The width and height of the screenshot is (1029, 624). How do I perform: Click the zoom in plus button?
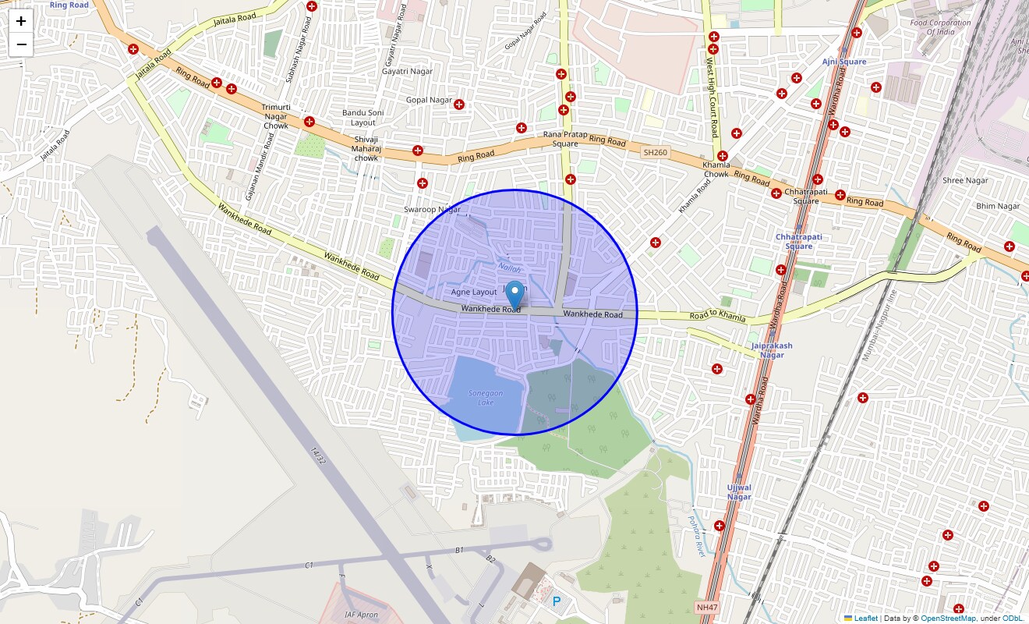tap(21, 21)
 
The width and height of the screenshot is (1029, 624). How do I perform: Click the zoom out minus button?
tap(21, 44)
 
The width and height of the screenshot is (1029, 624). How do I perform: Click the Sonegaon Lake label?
tap(482, 398)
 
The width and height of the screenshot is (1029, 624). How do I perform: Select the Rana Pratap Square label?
tap(565, 139)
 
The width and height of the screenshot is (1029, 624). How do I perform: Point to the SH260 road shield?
tap(655, 152)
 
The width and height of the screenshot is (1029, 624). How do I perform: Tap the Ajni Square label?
tap(843, 62)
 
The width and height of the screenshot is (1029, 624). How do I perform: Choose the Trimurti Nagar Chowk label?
tap(276, 116)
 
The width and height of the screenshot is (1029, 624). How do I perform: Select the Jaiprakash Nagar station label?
tap(772, 350)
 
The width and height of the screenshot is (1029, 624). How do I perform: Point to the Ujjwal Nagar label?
tap(739, 492)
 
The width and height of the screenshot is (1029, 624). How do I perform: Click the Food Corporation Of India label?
tap(940, 27)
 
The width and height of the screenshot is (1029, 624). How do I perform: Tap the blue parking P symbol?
tap(556, 601)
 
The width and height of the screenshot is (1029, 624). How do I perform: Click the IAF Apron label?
tap(361, 615)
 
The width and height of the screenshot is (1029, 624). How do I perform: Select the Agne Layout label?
tap(474, 292)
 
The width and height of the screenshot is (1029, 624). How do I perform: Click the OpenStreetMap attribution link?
tap(948, 619)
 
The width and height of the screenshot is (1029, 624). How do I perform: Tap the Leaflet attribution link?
tap(865, 619)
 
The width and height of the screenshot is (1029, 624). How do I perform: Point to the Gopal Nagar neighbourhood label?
tap(429, 100)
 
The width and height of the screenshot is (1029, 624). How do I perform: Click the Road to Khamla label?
tap(717, 317)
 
